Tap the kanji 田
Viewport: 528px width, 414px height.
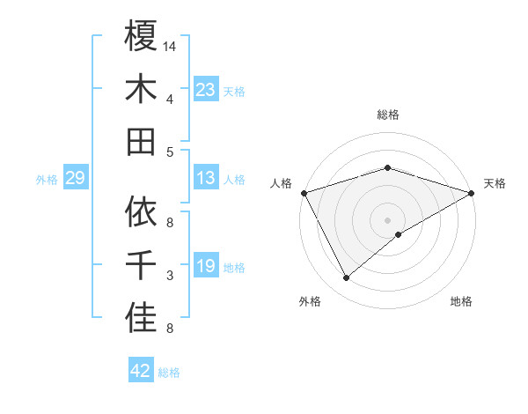pos(141,141)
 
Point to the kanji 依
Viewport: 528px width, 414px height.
pos(141,211)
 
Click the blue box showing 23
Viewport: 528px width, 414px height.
pos(205,90)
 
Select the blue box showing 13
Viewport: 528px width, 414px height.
pos(205,179)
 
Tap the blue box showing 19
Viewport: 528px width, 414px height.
pos(205,267)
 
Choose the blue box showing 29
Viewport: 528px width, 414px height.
pos(75,179)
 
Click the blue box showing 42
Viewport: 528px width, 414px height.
pos(141,372)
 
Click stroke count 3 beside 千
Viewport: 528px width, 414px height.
pos(170,276)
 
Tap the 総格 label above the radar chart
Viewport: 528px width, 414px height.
pos(387,115)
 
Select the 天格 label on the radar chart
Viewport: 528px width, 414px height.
pos(495,183)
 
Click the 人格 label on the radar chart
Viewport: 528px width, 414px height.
pos(282,183)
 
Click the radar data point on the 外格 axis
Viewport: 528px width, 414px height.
pos(347,278)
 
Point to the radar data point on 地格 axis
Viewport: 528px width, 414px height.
pos(399,234)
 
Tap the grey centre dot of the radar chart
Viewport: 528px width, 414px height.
pos(387,219)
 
